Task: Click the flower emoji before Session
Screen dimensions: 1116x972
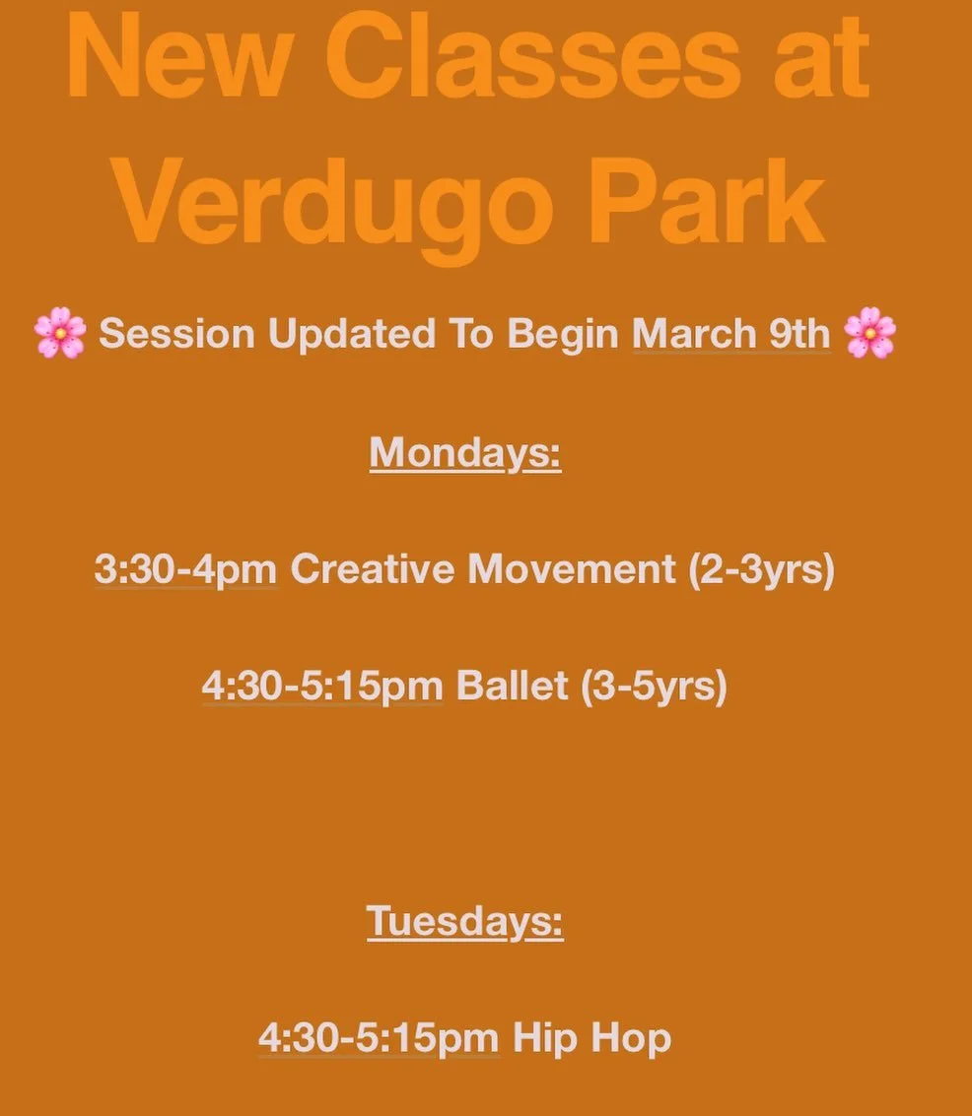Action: tap(60, 333)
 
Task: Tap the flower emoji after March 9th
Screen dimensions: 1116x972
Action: tap(869, 333)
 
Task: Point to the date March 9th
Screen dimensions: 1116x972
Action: tap(730, 334)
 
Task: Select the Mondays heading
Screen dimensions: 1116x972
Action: tap(465, 453)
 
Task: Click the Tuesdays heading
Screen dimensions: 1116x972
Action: tap(465, 922)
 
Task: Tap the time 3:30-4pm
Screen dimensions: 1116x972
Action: tap(185, 569)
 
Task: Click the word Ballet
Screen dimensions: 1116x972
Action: tap(513, 687)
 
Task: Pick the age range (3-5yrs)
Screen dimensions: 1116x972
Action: tap(654, 687)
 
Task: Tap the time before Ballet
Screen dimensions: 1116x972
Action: tap(323, 687)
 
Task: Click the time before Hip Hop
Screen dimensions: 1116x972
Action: tap(379, 1038)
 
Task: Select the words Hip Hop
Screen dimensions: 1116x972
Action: tap(591, 1038)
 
